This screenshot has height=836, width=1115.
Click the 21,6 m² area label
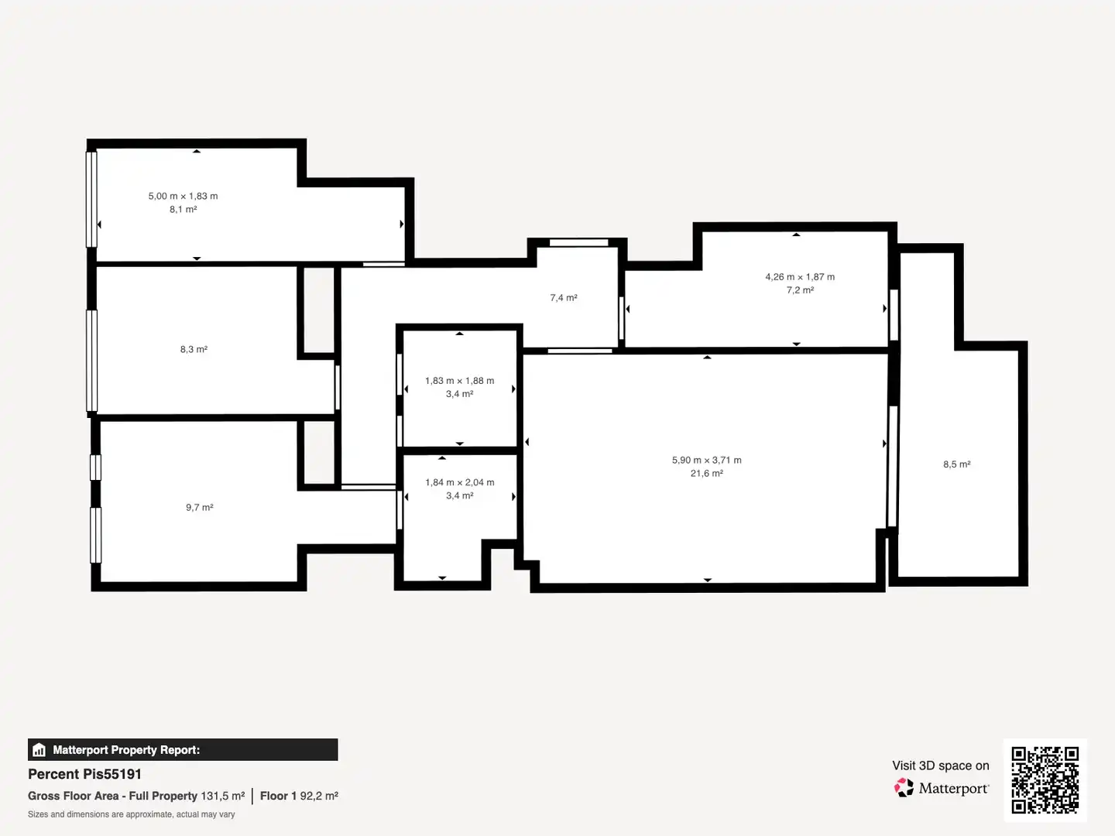coord(707,474)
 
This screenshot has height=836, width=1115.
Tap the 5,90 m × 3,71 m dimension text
coord(707,460)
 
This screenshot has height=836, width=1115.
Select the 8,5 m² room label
coord(957,464)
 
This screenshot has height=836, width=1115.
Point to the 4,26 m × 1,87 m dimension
coord(800,276)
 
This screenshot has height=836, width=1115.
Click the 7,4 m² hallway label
coord(564,297)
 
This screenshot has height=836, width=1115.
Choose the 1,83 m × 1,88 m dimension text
coord(460,381)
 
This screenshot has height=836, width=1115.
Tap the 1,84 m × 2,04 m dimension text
coord(460,482)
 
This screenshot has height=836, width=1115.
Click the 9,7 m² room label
coord(200,507)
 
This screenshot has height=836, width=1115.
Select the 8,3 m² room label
coord(194,349)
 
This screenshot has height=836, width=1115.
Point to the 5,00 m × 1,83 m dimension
coord(183,196)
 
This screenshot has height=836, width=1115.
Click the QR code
coord(1045,780)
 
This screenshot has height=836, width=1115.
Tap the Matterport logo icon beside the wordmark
coord(904,787)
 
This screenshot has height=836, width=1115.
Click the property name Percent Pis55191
coord(85,774)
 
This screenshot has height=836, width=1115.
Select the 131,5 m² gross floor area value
coord(223,796)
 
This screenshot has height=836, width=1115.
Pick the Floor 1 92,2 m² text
coord(299,796)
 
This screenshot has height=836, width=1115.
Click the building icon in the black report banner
coord(39,750)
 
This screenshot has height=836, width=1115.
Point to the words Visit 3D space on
coord(941,766)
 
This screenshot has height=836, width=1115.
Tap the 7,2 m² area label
coord(800,290)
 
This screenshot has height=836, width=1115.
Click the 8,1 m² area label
coord(183,209)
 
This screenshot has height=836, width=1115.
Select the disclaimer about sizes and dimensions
coord(131,814)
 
